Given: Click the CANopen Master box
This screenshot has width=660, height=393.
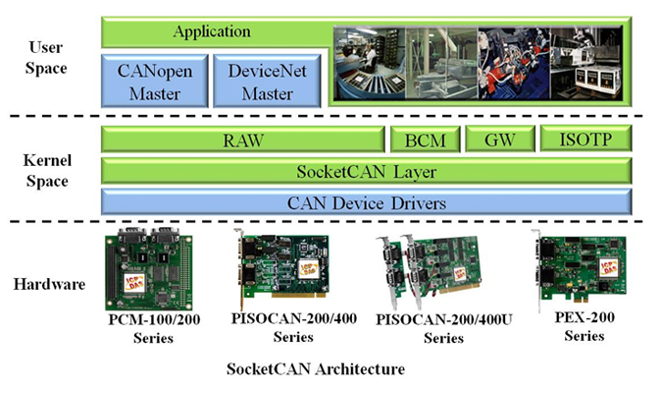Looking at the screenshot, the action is [155, 81].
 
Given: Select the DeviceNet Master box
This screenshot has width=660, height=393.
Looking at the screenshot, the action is [267, 81].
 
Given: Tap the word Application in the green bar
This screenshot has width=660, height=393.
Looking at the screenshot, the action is [212, 31].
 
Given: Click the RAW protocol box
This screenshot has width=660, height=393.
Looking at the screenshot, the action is [243, 140].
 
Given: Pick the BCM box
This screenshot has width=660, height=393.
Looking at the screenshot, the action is [426, 140].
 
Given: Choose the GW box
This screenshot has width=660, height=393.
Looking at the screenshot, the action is [500, 140].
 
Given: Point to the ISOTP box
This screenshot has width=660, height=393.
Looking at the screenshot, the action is [585, 139].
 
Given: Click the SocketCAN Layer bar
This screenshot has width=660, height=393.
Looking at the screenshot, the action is [366, 171].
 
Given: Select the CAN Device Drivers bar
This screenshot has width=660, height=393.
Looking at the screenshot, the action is [366, 202].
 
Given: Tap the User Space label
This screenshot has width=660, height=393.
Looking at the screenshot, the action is [46, 57].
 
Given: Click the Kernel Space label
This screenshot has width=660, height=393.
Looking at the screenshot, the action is [47, 170].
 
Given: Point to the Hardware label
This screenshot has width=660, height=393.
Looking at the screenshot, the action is [49, 284].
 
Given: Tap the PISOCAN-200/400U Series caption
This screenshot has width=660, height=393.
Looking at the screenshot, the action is [444, 328].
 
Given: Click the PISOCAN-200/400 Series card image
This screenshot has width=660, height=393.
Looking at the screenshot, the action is [281, 267].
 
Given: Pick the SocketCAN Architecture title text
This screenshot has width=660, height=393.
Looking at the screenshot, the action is [316, 369].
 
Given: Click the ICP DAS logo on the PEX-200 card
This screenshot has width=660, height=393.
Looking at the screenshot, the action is [608, 268].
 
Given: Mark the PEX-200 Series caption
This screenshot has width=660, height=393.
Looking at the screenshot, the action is [584, 326].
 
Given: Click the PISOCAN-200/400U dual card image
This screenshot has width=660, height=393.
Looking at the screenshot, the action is [428, 271].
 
